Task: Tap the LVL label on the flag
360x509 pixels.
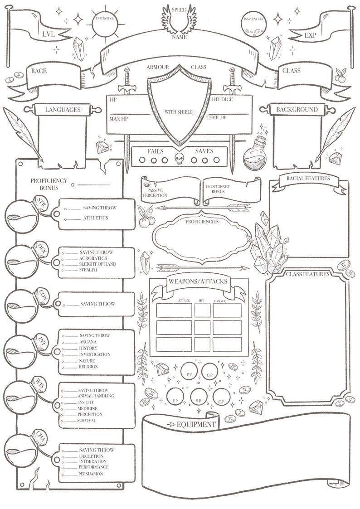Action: tap(48, 34)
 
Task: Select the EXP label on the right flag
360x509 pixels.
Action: tap(311, 35)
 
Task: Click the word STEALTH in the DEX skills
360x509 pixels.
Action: tap(88, 270)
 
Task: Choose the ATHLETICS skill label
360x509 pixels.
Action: tap(95, 218)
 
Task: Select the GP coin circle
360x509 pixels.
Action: tap(209, 373)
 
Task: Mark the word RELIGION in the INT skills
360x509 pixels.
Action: tap(88, 367)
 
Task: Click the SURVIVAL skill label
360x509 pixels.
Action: tap(86, 421)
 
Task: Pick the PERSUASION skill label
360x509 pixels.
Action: tap(91, 474)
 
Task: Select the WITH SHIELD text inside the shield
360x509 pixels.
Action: tap(179, 112)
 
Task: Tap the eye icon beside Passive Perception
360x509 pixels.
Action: tap(146, 185)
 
